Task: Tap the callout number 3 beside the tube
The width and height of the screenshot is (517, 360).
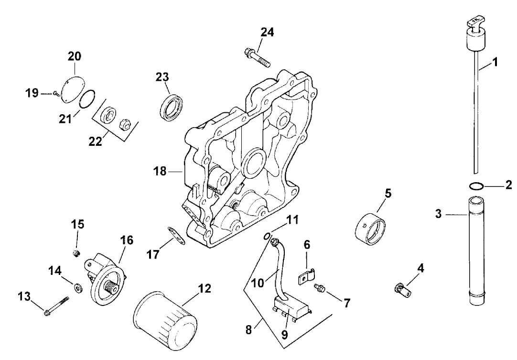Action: pyautogui.click(x=439, y=215)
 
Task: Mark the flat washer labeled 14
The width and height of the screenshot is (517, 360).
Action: pyautogui.click(x=76, y=288)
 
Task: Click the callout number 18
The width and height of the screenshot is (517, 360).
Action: pyautogui.click(x=160, y=171)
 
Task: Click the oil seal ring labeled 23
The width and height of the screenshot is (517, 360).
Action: pyautogui.click(x=171, y=105)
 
